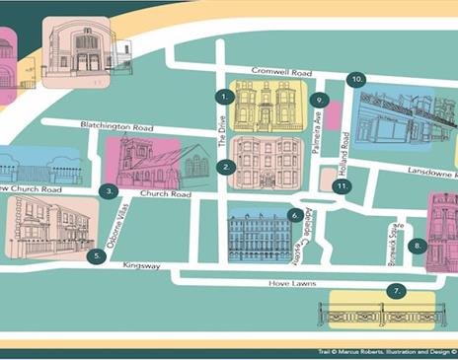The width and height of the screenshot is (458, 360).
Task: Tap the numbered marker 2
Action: tap(227, 168)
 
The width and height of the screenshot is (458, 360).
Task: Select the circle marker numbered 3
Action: tap(111, 191)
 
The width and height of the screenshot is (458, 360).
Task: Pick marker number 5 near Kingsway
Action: tap(95, 255)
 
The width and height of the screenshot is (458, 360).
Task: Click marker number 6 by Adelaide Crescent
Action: tap(295, 214)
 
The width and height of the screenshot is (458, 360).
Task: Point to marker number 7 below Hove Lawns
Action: tap(397, 291)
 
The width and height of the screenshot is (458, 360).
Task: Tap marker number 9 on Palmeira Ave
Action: tap(318, 100)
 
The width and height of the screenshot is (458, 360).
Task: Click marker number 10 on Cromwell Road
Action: tap(356, 78)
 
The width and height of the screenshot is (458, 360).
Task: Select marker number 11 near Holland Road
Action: tap(343, 185)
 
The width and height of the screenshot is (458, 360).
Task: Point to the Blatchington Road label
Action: tap(89, 127)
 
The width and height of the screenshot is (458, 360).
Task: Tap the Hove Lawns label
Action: tap(291, 284)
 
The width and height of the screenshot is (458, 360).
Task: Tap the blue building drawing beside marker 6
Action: tap(258, 236)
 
